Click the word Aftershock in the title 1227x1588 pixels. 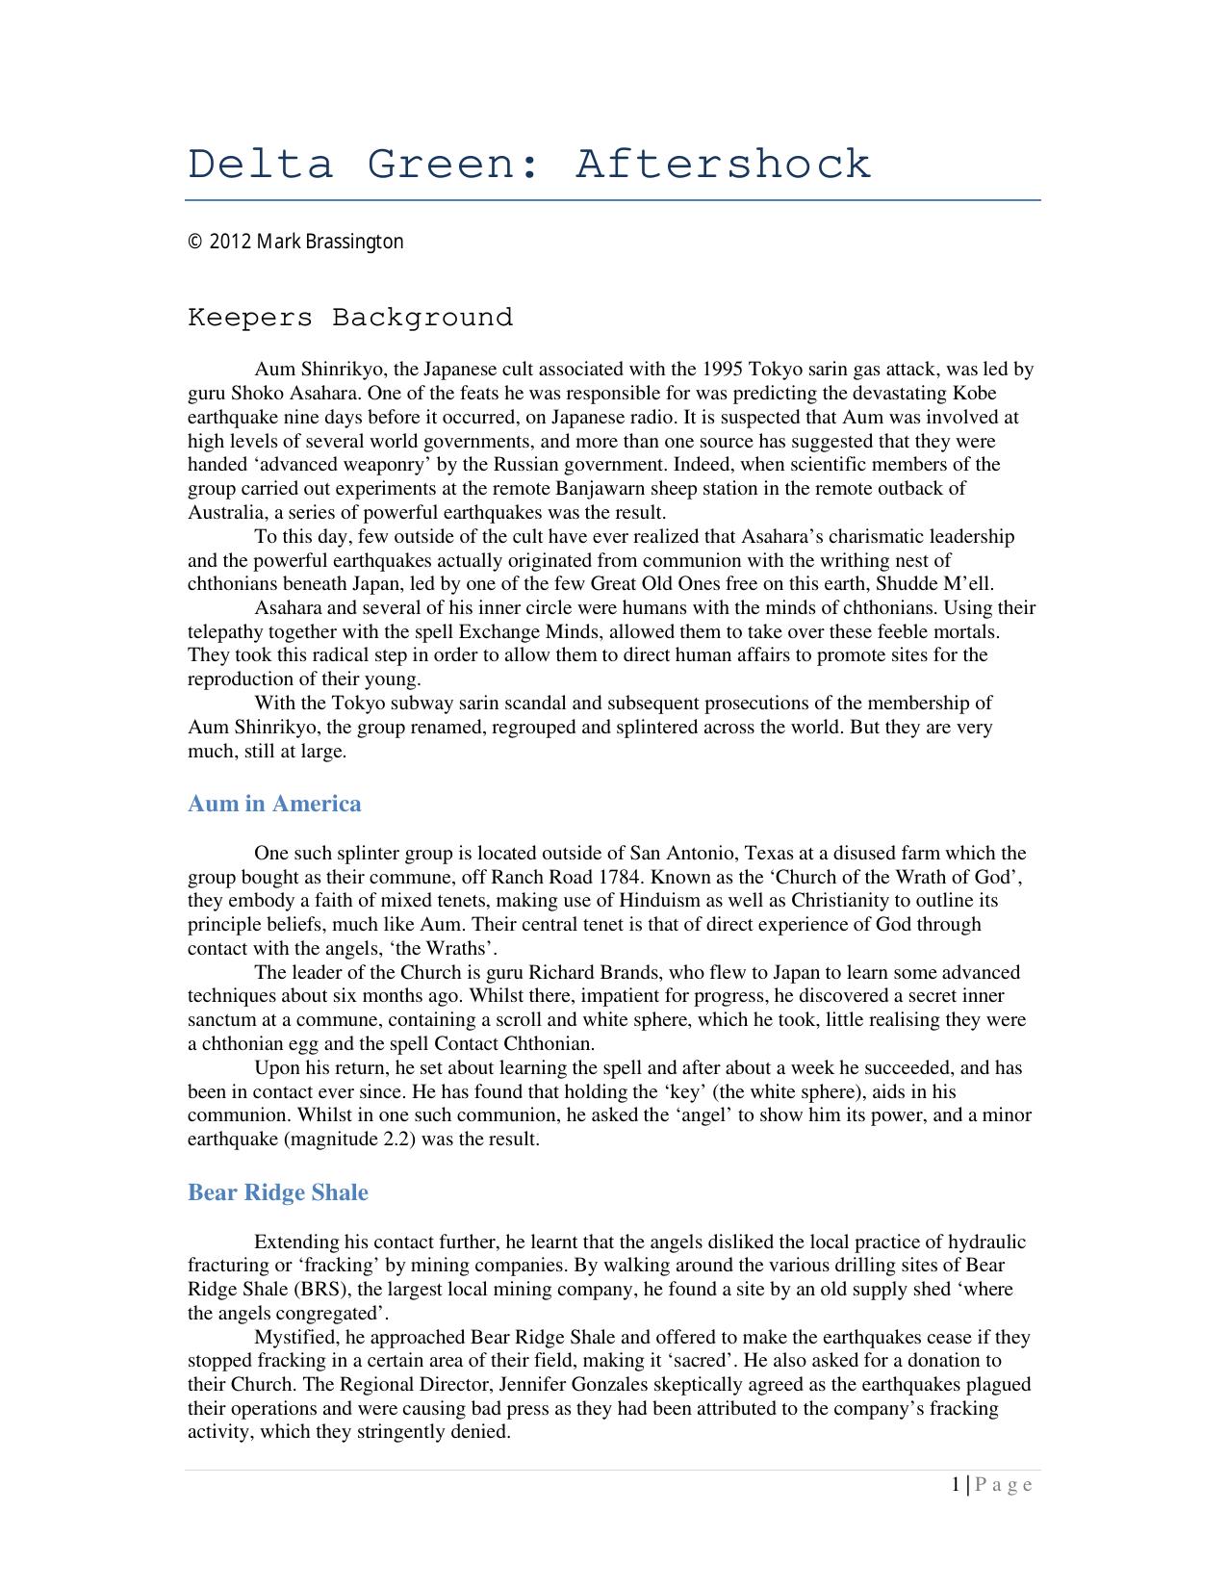[x=723, y=165]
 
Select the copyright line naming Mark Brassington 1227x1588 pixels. [x=295, y=242]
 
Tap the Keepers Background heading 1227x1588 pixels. [x=350, y=318]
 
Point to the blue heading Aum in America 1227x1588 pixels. [x=274, y=804]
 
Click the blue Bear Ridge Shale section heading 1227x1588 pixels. [x=277, y=1192]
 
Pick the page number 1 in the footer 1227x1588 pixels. [x=956, y=1485]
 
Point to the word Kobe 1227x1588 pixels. [x=974, y=394]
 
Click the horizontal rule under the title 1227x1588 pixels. [x=613, y=200]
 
